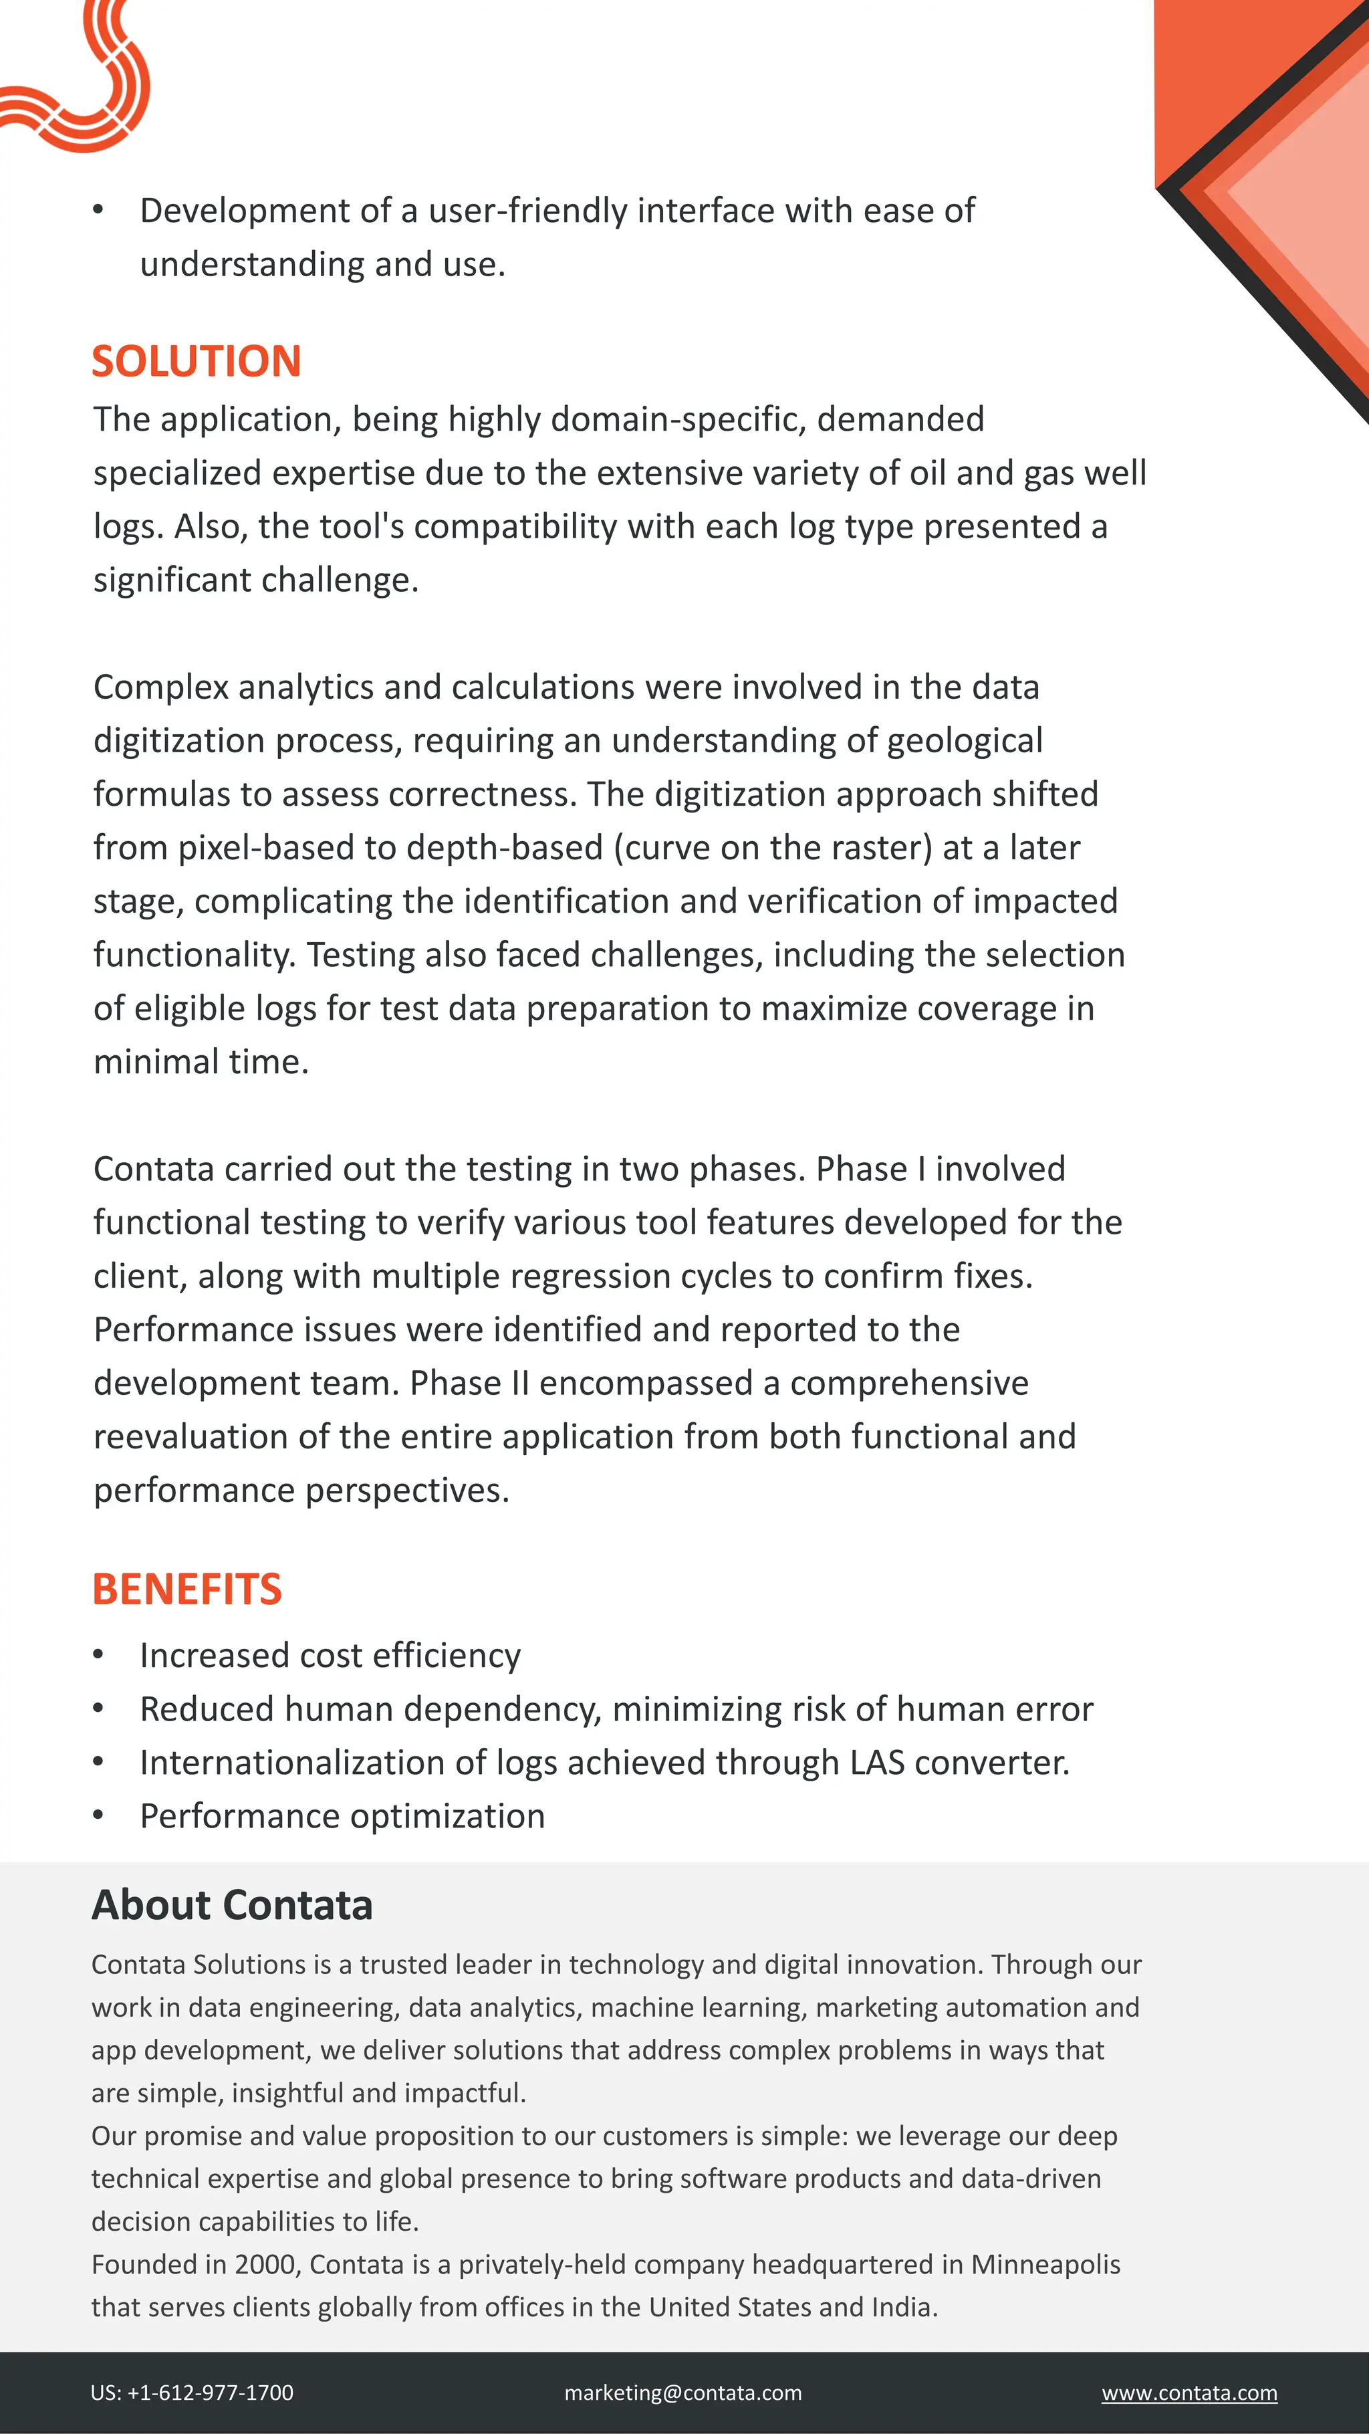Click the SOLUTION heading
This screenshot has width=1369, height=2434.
coord(197,362)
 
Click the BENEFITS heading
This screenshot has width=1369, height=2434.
coord(187,1589)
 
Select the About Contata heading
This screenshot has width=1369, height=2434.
coord(233,1905)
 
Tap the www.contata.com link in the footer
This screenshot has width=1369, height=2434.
coord(1189,2393)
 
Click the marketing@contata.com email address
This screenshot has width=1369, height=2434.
coord(683,2393)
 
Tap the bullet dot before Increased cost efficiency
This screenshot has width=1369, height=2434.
coord(98,1656)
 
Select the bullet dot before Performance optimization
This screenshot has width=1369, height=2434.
coord(98,1816)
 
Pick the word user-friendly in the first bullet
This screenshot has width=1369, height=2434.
coord(528,211)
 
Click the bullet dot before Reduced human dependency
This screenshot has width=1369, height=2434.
coord(98,1708)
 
